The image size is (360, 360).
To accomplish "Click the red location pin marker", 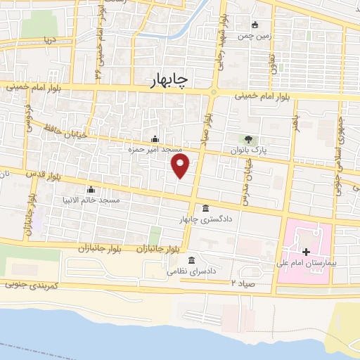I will [181, 165].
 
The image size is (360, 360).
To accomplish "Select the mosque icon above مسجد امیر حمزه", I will [155, 139].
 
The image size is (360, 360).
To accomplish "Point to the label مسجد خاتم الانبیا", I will [91, 200].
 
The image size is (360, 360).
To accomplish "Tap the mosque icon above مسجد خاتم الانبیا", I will [91, 189].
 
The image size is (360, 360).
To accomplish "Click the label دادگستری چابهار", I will [204, 220].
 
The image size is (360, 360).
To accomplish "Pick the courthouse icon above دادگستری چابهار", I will [205, 209].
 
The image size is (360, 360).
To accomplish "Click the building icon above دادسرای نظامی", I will [191, 259].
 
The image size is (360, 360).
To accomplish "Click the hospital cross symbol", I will [306, 251].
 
